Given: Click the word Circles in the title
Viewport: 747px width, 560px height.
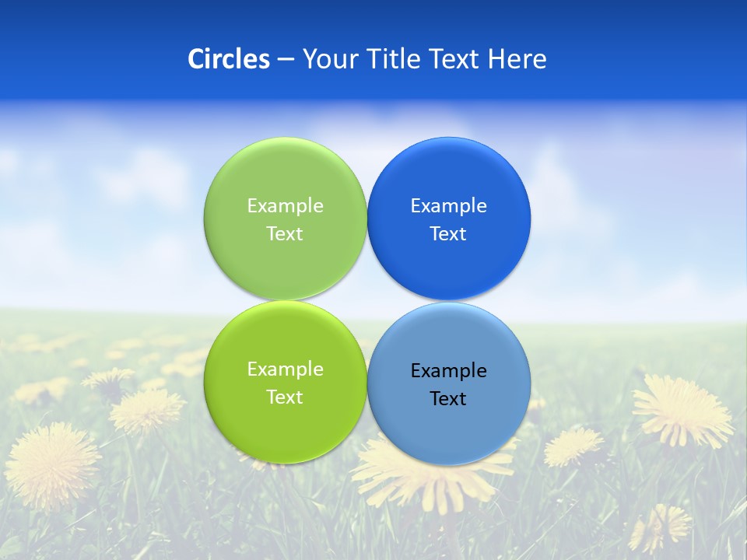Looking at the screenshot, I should (x=228, y=59).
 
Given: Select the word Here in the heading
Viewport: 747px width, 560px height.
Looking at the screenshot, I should (x=517, y=59).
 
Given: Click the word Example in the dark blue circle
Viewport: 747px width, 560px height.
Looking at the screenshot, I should (x=448, y=206).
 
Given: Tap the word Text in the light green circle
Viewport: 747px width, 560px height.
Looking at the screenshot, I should (x=285, y=234).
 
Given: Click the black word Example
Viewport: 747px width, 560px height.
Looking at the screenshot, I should (x=448, y=371).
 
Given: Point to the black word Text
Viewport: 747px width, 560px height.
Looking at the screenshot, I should (x=448, y=399).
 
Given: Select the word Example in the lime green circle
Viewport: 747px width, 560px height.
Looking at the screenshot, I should (x=285, y=369).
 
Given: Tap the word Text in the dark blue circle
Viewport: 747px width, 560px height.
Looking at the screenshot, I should (x=448, y=234).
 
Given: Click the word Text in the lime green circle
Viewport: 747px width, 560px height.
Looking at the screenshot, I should (x=285, y=397).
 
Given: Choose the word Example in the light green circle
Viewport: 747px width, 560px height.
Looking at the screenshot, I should (x=285, y=206).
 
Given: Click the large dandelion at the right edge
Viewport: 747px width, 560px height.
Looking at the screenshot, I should (x=682, y=409).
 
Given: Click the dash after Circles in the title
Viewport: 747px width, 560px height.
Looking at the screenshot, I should (x=286, y=59).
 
